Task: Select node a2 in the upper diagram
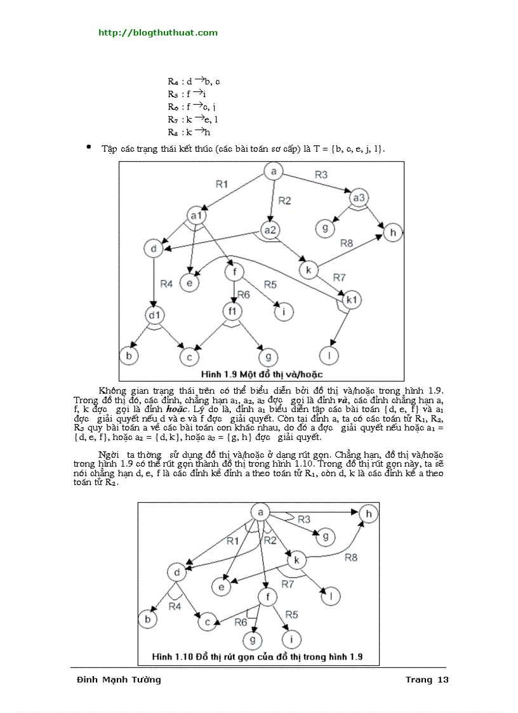[x=271, y=230]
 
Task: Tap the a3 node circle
[x=359, y=197]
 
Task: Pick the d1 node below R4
[x=154, y=314]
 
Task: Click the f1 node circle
[x=232, y=312]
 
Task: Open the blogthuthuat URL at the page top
[x=157, y=32]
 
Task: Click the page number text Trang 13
[x=427, y=679]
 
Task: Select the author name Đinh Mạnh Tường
[x=119, y=679]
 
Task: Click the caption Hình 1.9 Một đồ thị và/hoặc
[x=262, y=374]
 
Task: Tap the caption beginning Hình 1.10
[x=258, y=656]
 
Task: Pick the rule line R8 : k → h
[x=189, y=132]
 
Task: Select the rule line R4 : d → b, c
[x=194, y=81]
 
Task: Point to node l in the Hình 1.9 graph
[x=329, y=354]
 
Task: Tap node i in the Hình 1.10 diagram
[x=291, y=638]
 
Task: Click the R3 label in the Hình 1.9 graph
[x=321, y=174]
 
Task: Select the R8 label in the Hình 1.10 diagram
[x=351, y=557]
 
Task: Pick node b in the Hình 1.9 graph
[x=129, y=356]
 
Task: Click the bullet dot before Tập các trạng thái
[x=89, y=147]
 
